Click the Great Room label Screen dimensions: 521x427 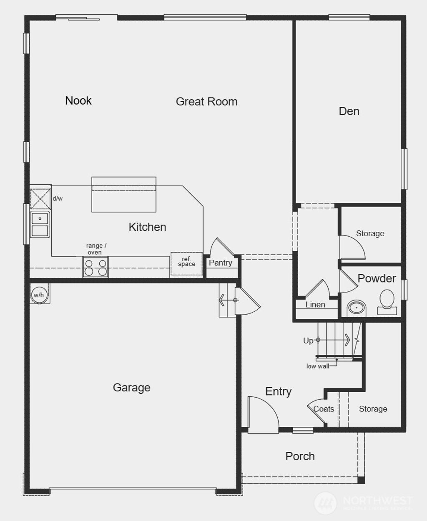tap(206, 102)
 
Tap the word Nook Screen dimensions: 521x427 tap(78, 100)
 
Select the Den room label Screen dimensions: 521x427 tap(349, 111)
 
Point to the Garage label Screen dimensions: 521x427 tap(131, 388)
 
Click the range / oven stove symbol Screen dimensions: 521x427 tap(95, 267)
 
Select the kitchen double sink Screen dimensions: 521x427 tap(40, 224)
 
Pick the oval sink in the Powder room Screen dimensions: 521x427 tap(357, 308)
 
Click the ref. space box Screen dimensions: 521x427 tap(186, 263)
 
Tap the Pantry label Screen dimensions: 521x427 tap(221, 263)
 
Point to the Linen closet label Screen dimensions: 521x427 tap(315, 305)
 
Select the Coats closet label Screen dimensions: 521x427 tap(324, 409)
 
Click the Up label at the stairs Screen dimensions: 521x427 tap(308, 341)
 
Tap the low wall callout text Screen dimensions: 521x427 tap(318, 366)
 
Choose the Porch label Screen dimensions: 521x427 tap(300, 456)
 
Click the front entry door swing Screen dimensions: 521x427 tap(263, 413)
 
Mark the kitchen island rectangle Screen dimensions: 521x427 tap(124, 195)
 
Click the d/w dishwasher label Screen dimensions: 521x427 tap(58, 199)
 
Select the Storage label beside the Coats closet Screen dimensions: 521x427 tap(373, 409)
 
